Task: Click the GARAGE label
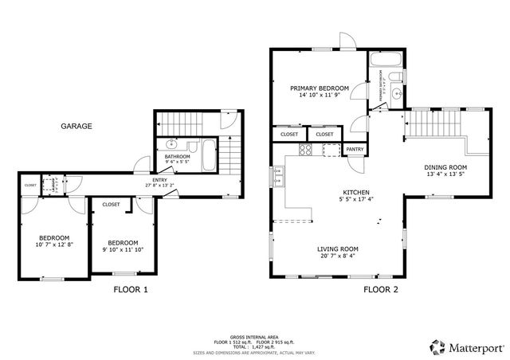click(x=77, y=126)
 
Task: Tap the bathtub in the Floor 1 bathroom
click(x=209, y=155)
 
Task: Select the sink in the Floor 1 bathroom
click(x=171, y=144)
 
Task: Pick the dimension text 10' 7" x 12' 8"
click(x=55, y=245)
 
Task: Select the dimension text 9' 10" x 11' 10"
click(x=123, y=249)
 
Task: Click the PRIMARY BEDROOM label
click(x=319, y=88)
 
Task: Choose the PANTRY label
click(x=355, y=149)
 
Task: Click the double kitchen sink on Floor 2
click(x=279, y=176)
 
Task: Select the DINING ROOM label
click(x=445, y=167)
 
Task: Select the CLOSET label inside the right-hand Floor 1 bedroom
click(x=111, y=205)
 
